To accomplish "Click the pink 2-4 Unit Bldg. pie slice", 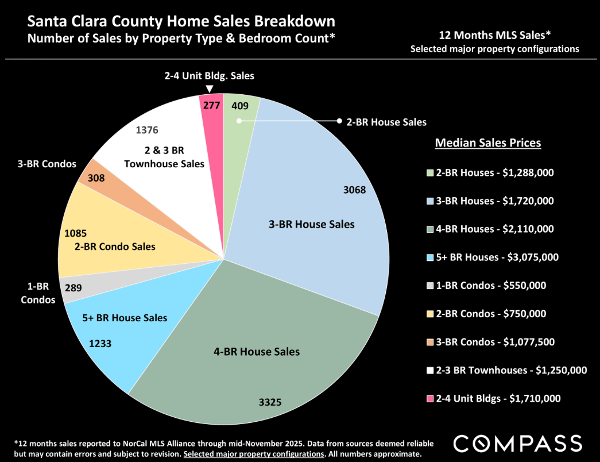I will (x=211, y=115).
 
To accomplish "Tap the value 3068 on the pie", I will (x=355, y=190).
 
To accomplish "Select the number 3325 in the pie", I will (x=270, y=402).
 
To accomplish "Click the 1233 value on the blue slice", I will (x=100, y=344).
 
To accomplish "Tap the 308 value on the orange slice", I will (x=92, y=178).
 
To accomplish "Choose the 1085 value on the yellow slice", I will (x=76, y=234).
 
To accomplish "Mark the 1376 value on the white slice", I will (x=147, y=130).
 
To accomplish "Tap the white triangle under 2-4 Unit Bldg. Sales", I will (x=210, y=88).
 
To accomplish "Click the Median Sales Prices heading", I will (x=488, y=143).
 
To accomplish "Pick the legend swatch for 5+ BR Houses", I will (x=431, y=257).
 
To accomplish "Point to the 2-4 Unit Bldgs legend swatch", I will (x=431, y=399).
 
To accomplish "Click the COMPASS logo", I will (x=517, y=443).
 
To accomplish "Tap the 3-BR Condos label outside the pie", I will (x=46, y=164).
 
